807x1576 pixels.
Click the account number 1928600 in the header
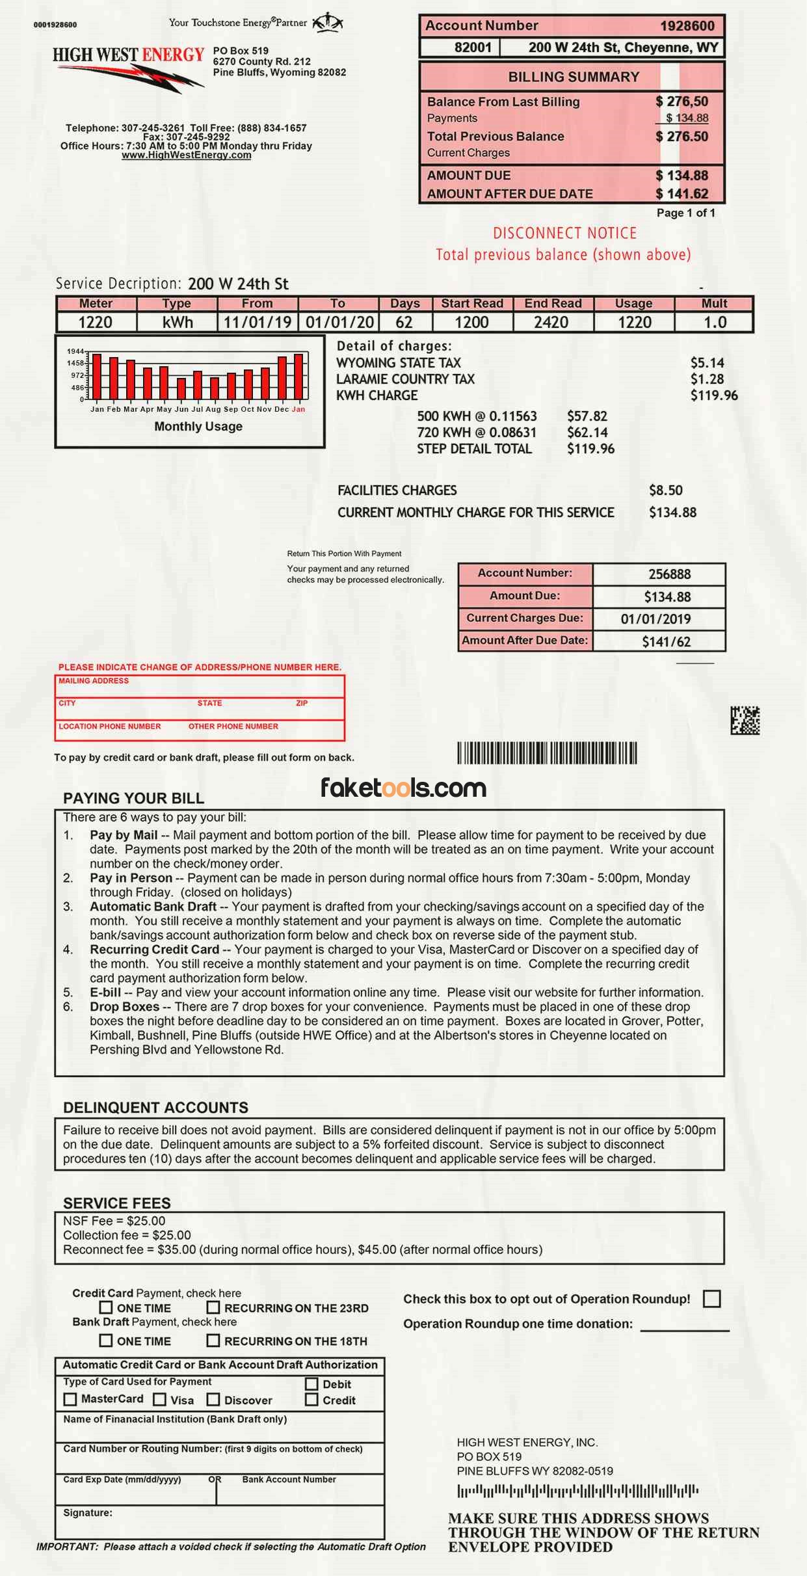coord(687,26)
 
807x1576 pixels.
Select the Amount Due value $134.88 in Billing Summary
coord(681,176)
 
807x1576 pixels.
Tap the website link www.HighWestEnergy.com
coord(186,155)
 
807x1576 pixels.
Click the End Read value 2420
coord(551,323)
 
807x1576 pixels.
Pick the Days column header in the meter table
coord(404,304)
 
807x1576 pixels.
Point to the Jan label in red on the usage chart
coord(298,409)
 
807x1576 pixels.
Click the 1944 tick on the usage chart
coord(75,351)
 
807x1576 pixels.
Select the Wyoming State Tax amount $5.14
coord(707,363)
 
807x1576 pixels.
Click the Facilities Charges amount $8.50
coord(665,490)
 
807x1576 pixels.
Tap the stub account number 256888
coord(669,574)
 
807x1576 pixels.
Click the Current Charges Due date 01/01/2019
coord(655,619)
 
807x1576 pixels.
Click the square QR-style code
coord(745,721)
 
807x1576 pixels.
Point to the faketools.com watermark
coord(403,788)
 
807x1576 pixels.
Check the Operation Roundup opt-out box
coord(712,1299)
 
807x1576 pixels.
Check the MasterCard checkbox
coord(70,1399)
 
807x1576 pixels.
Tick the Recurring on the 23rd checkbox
coord(213,1307)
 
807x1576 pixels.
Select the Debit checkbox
coord(311,1384)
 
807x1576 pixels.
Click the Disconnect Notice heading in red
coord(564,234)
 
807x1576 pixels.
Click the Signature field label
coord(87,1513)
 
